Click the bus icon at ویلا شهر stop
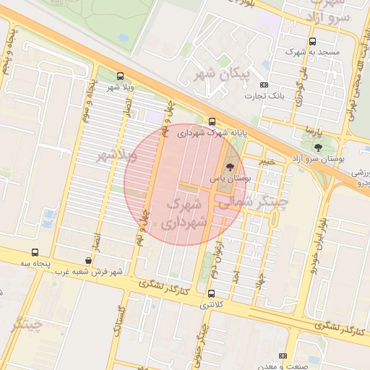[120, 76]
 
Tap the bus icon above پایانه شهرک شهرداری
[211, 122]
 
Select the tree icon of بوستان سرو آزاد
[318, 147]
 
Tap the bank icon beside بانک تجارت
[265, 85]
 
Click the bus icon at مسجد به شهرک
[312, 41]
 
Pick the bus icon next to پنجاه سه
[35, 252]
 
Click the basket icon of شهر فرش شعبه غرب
[88, 261]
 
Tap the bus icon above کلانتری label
[211, 294]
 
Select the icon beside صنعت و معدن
[282, 356]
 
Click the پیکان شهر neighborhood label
[222, 73]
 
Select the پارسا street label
[310, 132]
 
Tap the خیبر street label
[267, 163]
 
